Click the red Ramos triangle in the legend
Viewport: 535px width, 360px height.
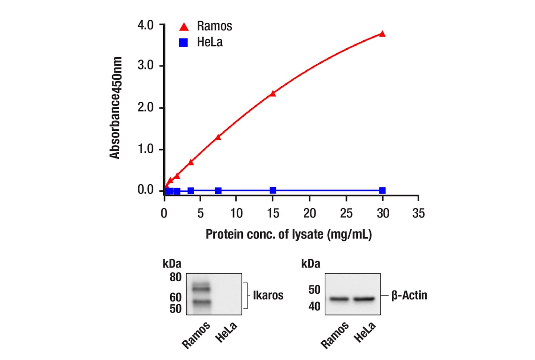point(184,26)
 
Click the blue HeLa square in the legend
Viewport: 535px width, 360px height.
point(184,43)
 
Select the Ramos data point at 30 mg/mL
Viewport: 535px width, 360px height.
point(382,34)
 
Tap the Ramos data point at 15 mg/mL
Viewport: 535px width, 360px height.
point(273,93)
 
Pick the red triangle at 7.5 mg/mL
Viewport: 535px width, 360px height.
point(218,137)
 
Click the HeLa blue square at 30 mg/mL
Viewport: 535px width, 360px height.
point(382,190)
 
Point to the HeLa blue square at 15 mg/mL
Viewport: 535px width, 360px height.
point(273,190)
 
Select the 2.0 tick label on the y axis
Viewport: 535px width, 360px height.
point(146,108)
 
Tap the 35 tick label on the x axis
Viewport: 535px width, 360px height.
point(418,214)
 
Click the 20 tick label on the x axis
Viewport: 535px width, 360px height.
point(309,214)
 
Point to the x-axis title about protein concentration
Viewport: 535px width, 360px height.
point(288,234)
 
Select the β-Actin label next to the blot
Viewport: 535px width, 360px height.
point(409,296)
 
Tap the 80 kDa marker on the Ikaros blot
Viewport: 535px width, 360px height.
point(175,277)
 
